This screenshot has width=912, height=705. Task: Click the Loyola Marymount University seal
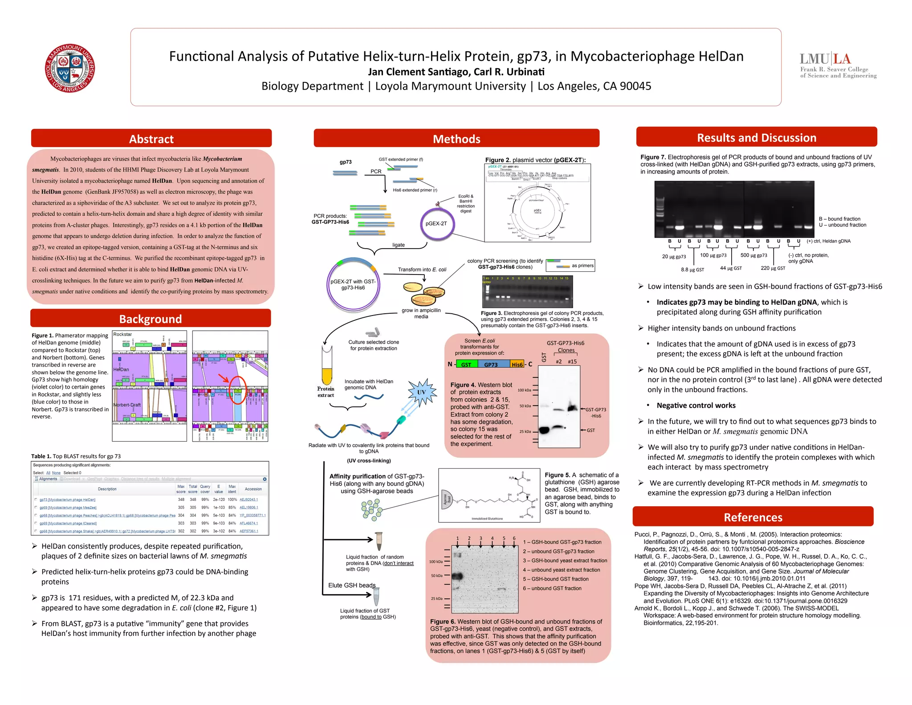(70, 68)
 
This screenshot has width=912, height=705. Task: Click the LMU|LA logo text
(825, 59)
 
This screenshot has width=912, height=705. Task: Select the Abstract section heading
(151, 139)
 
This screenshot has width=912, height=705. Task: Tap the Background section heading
(151, 319)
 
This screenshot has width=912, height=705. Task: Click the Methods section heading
(456, 139)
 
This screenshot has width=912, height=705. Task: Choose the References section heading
(753, 517)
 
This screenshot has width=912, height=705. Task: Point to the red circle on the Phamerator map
(237, 389)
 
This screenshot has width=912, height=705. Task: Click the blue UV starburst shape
(421, 392)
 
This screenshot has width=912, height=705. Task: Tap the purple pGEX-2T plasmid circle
(436, 224)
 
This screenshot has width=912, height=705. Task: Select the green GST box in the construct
(466, 365)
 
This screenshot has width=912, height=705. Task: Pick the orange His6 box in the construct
(517, 365)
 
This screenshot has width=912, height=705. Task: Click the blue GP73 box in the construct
(491, 365)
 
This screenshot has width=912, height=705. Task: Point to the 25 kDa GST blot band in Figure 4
(544, 430)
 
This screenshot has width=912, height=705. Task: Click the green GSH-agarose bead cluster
(371, 509)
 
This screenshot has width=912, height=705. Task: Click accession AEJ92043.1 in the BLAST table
(248, 500)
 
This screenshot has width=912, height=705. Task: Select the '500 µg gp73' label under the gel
(753, 255)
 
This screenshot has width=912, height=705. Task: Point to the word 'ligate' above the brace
(398, 245)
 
